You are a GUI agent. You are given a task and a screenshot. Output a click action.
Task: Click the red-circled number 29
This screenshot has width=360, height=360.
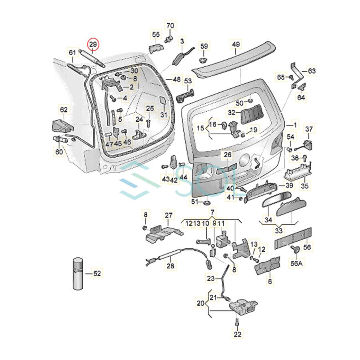click(x=93, y=44)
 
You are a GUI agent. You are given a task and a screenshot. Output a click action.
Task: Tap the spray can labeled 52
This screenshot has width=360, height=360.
click(x=78, y=274)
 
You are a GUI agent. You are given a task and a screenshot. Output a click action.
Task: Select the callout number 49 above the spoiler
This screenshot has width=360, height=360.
click(x=236, y=44)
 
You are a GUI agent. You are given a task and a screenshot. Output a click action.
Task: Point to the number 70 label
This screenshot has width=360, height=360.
click(x=170, y=25)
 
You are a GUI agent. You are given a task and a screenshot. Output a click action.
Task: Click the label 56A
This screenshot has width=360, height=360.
click(x=296, y=263)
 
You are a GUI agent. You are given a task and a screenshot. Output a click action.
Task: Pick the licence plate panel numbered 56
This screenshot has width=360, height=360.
click(x=293, y=238)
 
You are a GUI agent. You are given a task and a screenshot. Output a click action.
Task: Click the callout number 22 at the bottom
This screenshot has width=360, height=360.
click(x=237, y=334)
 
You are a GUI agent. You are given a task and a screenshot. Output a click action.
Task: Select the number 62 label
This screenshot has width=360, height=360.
click(x=64, y=110)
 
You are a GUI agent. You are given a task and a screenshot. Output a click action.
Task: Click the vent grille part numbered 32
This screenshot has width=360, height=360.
click(x=252, y=114)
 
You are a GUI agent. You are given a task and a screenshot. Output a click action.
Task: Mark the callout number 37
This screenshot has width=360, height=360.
click(x=309, y=129)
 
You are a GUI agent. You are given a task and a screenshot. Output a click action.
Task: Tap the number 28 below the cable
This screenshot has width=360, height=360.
click(x=170, y=266)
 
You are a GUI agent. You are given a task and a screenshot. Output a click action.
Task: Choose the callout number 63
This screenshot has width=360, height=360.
click(x=312, y=71)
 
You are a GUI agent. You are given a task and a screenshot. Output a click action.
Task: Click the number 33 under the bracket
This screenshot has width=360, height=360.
click(x=278, y=230)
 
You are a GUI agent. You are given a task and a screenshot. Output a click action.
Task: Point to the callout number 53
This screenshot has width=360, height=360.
click(x=188, y=81)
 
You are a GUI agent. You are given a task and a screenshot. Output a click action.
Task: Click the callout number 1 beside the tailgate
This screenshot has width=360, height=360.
click(x=295, y=125)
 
